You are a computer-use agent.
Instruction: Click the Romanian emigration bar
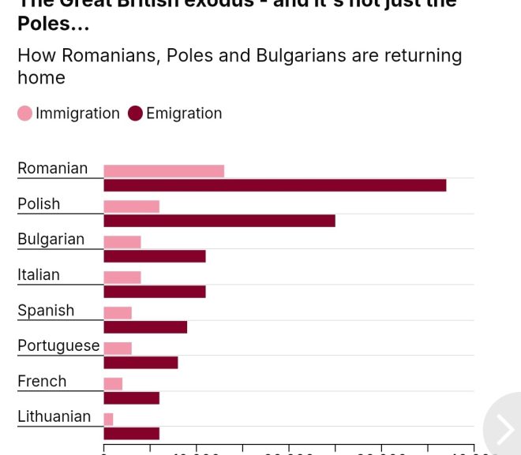275,185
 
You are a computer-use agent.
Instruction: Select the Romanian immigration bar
163,171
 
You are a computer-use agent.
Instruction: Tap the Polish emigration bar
219,221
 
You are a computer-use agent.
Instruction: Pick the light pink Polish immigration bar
131,207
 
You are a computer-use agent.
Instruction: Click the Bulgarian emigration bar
155,256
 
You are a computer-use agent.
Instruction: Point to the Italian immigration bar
122,278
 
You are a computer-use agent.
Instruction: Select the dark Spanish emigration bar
145,327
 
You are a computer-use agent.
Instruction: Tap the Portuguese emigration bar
141,363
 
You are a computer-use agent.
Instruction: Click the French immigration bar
113,384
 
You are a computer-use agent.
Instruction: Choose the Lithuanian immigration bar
108,420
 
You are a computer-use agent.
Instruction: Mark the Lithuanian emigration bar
131,433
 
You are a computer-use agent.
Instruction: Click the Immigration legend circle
25,114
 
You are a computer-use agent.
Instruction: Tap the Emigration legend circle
136,114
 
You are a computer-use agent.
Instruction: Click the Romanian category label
52,168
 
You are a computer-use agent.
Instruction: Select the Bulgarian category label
51,239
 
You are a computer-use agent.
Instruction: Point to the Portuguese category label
58,345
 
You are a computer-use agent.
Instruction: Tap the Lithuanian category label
54,416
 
